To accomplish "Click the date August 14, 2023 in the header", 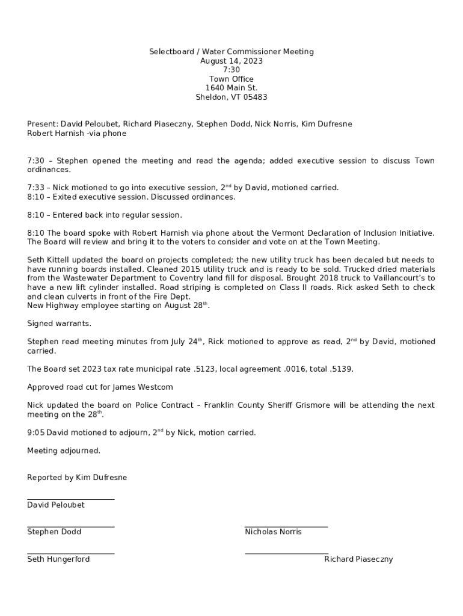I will point(231,61).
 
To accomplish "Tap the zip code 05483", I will point(256,97).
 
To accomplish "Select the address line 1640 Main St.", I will point(231,88).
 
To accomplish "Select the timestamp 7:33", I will point(35,188).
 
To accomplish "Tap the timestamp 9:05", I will point(35,432).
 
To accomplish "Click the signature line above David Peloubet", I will point(70,499).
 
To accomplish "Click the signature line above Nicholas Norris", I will point(286,526).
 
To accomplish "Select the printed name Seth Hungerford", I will point(58,559).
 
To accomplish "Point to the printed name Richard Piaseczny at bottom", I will point(358,559).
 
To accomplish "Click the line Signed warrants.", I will point(59,323).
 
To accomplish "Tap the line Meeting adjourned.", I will point(64,450).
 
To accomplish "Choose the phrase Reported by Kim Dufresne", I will point(77,477).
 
